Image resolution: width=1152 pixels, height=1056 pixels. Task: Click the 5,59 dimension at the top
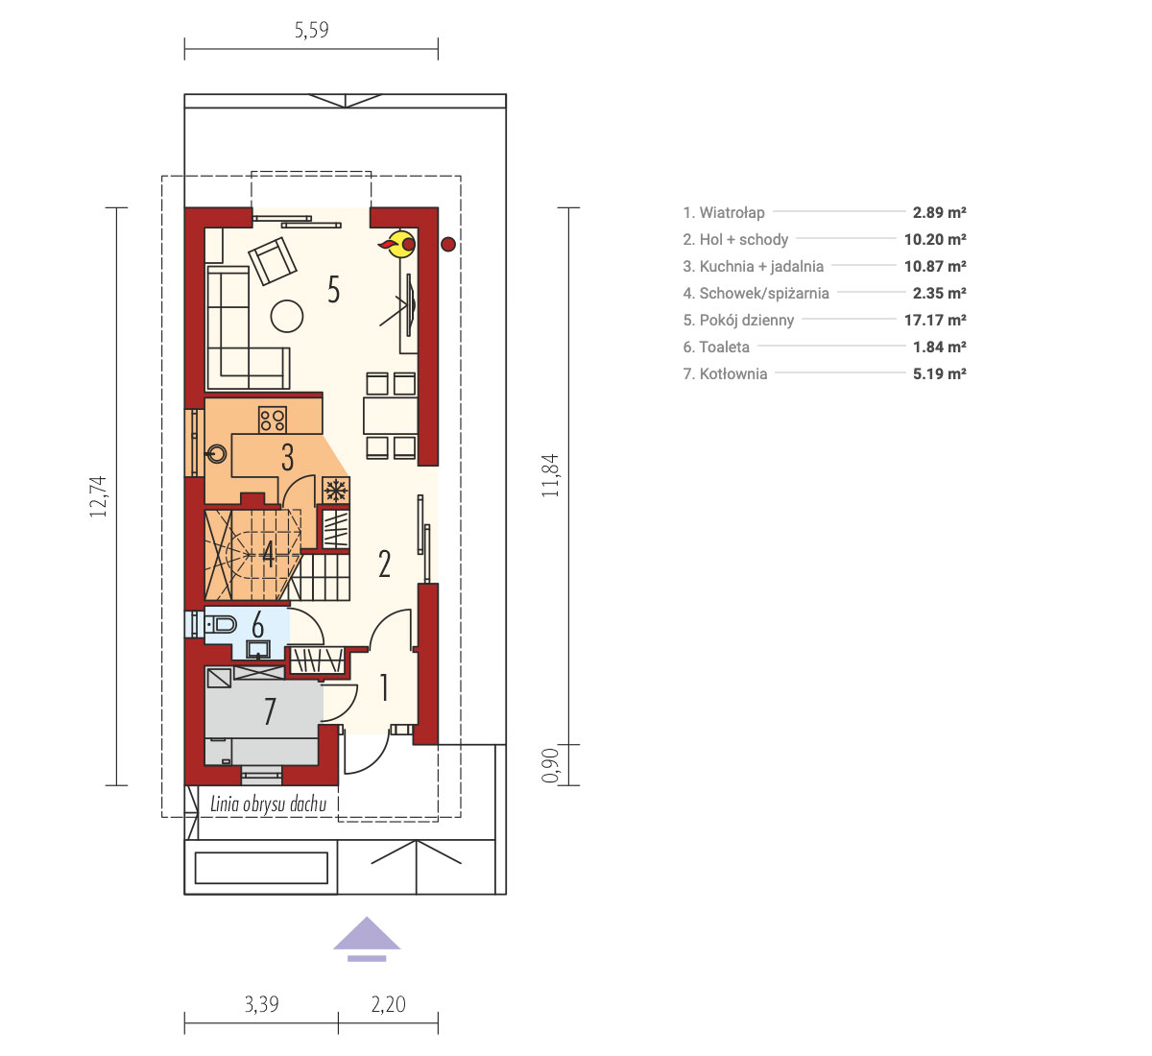click(x=311, y=31)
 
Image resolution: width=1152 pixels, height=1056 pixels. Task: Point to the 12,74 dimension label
click(x=98, y=497)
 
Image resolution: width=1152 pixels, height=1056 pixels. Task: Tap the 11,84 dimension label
click(x=549, y=476)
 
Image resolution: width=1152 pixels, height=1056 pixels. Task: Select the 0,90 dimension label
click(x=549, y=765)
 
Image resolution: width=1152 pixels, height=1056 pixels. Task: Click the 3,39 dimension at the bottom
click(x=261, y=1004)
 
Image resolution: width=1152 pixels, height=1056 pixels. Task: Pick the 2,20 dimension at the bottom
click(x=388, y=1004)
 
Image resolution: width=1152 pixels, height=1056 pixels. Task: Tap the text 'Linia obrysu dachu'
click(x=268, y=804)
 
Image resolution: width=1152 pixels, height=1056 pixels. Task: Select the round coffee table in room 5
click(x=287, y=316)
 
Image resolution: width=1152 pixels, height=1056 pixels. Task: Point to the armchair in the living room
click(x=272, y=261)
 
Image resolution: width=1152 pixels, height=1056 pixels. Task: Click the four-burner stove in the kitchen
click(x=273, y=420)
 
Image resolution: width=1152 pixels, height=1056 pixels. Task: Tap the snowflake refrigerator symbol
click(x=336, y=491)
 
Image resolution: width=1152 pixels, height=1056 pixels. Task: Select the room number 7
click(x=270, y=711)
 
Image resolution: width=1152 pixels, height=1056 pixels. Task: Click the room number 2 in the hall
click(x=385, y=564)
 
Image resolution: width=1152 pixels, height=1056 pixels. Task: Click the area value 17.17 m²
click(x=935, y=320)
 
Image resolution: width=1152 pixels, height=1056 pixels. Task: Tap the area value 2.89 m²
click(x=940, y=212)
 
